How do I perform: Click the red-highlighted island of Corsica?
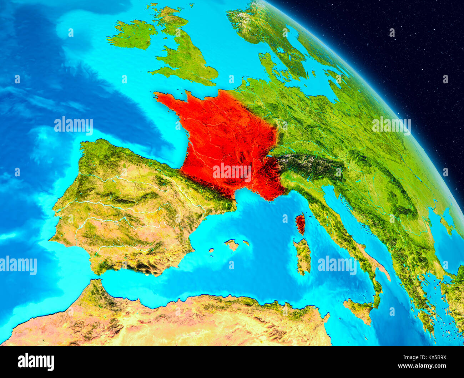click(301, 222)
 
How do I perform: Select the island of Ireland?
click(133, 35)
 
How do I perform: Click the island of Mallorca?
click(232, 245)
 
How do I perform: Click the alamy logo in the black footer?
click(36, 362)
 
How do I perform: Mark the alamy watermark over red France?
click(232, 172)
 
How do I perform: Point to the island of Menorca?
click(246, 243)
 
